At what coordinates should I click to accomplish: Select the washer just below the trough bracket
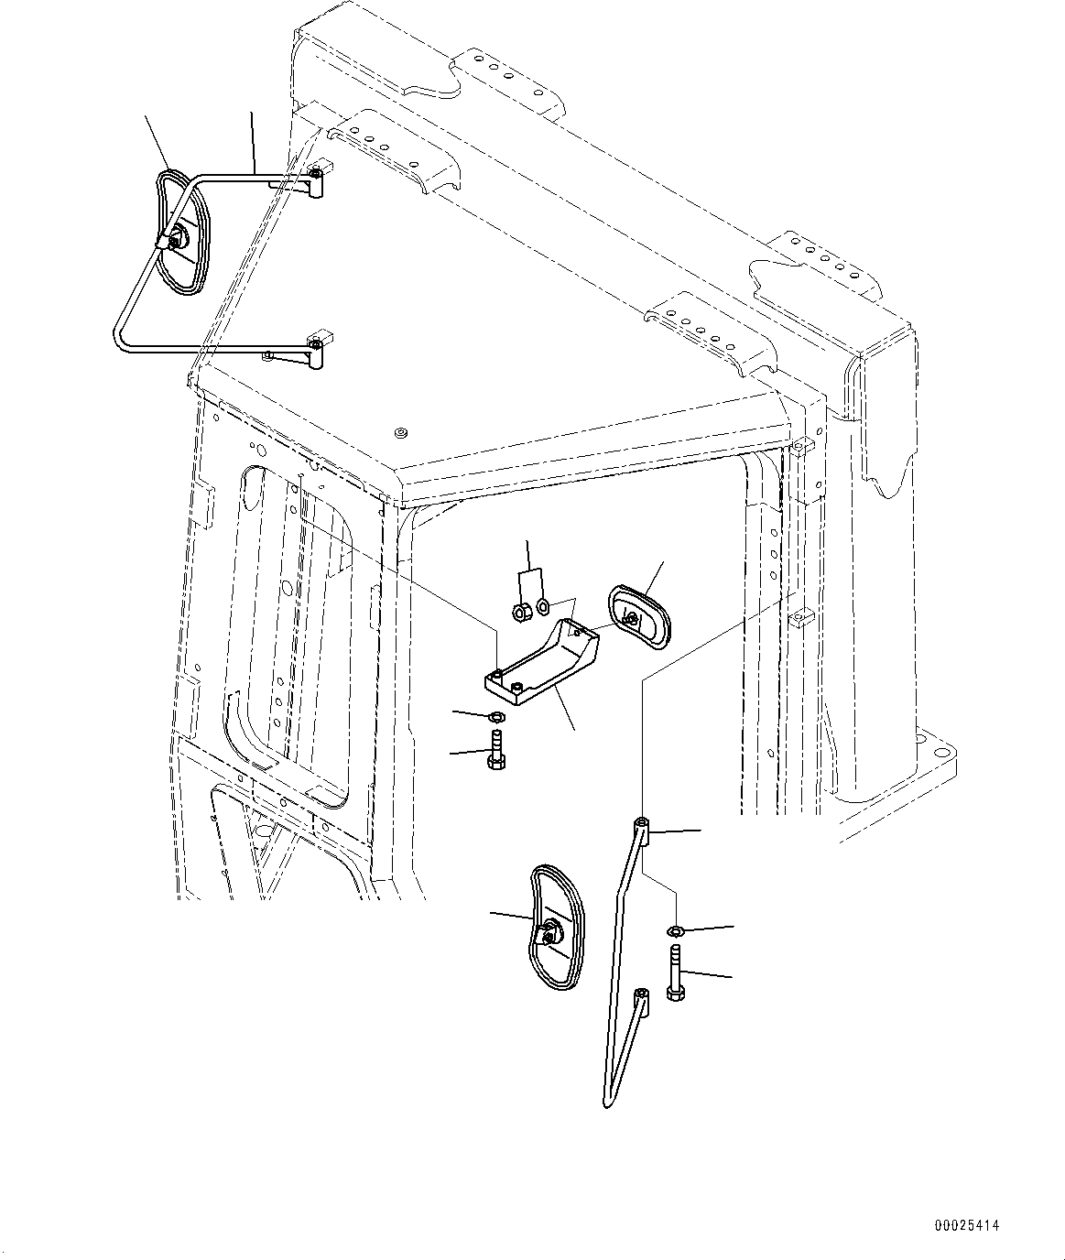coord(497,715)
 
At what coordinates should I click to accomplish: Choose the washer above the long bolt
coord(676,931)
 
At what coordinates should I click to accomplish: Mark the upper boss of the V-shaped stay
coord(643,831)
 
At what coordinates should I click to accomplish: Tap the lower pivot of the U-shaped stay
coord(316,348)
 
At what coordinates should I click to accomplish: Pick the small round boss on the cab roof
coord(399,431)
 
